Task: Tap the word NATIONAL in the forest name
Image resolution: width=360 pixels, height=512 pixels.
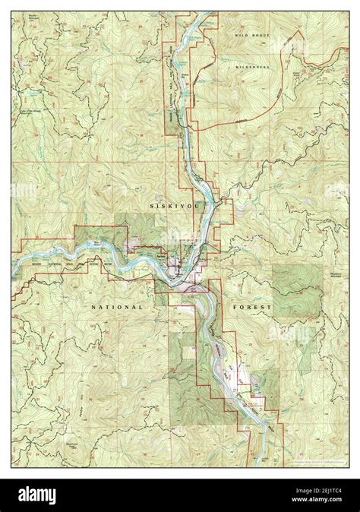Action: [116, 307]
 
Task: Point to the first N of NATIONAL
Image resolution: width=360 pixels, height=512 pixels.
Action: [93, 307]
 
